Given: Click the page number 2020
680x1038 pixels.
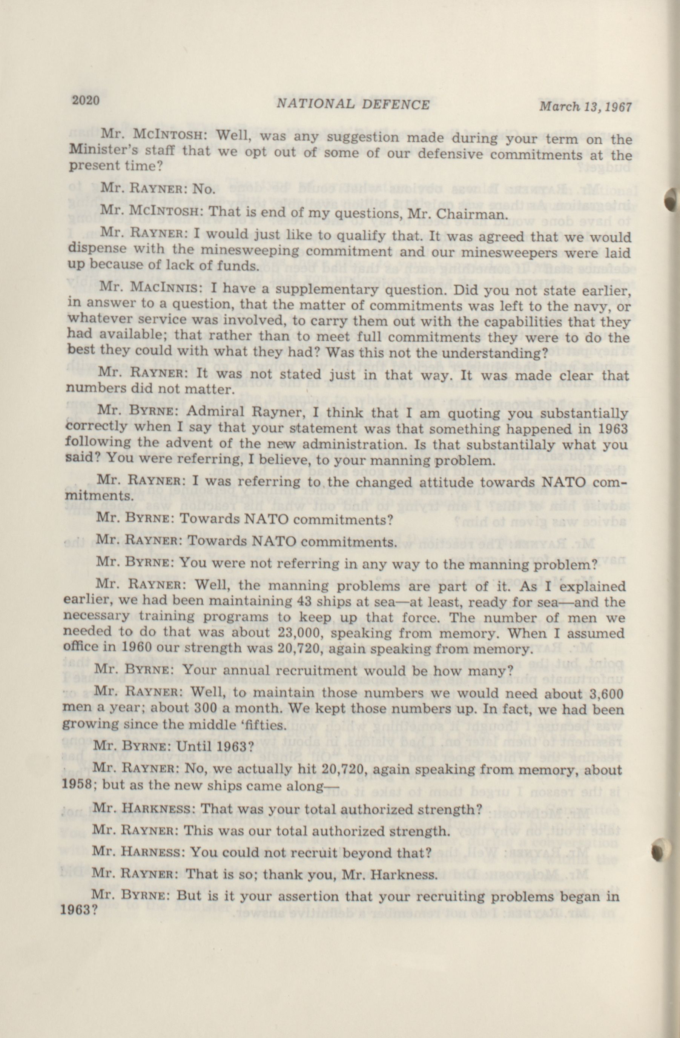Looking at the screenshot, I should (86, 101).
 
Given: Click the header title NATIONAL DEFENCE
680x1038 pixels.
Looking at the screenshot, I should (353, 105).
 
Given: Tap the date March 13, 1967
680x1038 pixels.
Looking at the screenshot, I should (585, 107).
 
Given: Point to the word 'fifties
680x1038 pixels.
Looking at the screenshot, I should (261, 725).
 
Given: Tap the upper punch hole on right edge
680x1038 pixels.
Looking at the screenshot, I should (673, 199).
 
